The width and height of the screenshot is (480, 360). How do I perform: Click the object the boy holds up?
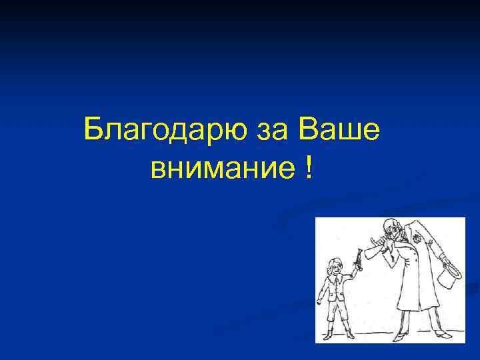[358, 258]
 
